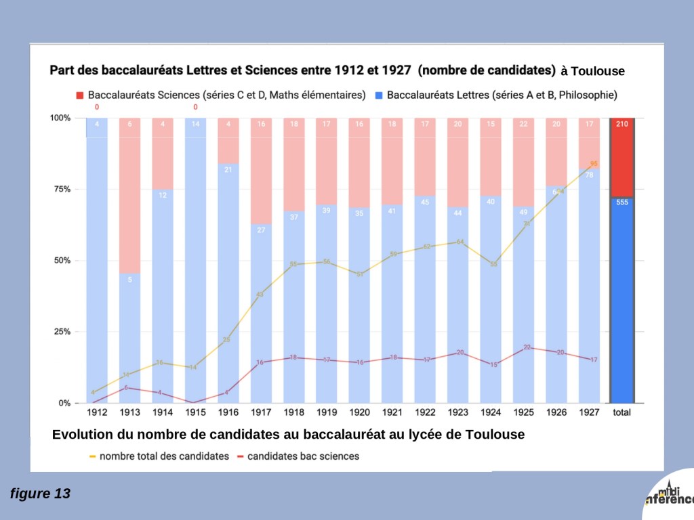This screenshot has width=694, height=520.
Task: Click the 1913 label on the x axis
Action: pos(129,412)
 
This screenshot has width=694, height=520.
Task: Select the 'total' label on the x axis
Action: pos(621,412)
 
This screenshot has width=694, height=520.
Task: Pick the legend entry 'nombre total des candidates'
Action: pos(165,456)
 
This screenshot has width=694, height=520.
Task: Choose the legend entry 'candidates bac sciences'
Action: pos(303,456)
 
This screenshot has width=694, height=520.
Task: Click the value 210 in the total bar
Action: pos(621,124)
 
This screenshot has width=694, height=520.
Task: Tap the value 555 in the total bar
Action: pos(621,202)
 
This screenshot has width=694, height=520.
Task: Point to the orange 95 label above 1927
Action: pos(594,164)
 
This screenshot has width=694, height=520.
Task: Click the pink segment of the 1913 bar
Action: pos(129,196)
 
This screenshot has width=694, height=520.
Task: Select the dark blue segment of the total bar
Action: pos(621,305)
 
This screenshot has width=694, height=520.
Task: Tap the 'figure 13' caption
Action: pos(40,494)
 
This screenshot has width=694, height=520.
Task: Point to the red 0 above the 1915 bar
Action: pos(195,107)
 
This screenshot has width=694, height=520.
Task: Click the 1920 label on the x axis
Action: pos(359,412)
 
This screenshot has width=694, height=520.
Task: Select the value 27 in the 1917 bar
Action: pos(261,230)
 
